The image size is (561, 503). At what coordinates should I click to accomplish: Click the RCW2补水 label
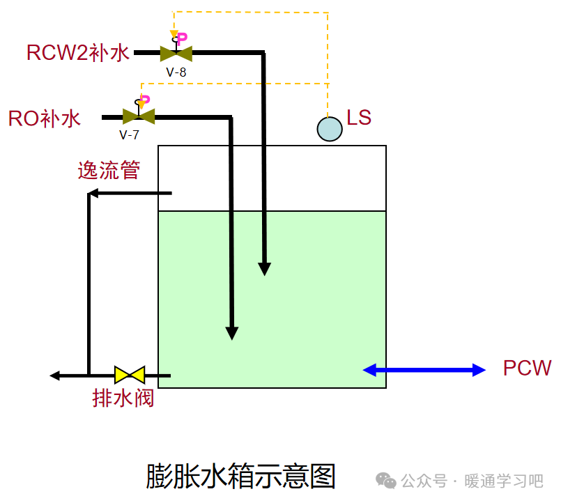point(78,53)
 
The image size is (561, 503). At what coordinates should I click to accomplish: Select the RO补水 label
point(45,118)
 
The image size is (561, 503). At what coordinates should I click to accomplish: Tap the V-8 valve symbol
point(176,53)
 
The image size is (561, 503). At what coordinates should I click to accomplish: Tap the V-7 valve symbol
point(138,116)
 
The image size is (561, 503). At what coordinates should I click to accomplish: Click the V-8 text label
point(176,71)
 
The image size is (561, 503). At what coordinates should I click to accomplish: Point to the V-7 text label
point(129,134)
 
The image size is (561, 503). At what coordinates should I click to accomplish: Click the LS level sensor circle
point(330,129)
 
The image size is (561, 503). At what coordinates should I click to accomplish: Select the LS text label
point(359,118)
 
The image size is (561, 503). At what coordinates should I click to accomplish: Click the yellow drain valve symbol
point(130,375)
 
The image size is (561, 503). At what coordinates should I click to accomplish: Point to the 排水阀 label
point(123,398)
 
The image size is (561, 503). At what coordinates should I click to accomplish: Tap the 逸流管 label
point(109,170)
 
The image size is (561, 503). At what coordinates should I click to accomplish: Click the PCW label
point(528,369)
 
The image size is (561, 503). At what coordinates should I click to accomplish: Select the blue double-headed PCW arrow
point(424,370)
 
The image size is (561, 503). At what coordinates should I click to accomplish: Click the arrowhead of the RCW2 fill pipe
point(264,269)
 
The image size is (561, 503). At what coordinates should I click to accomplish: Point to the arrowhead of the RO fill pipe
point(232,333)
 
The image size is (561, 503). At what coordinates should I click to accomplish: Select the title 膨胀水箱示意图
point(240,476)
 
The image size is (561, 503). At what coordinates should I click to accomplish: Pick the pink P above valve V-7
point(146,101)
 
